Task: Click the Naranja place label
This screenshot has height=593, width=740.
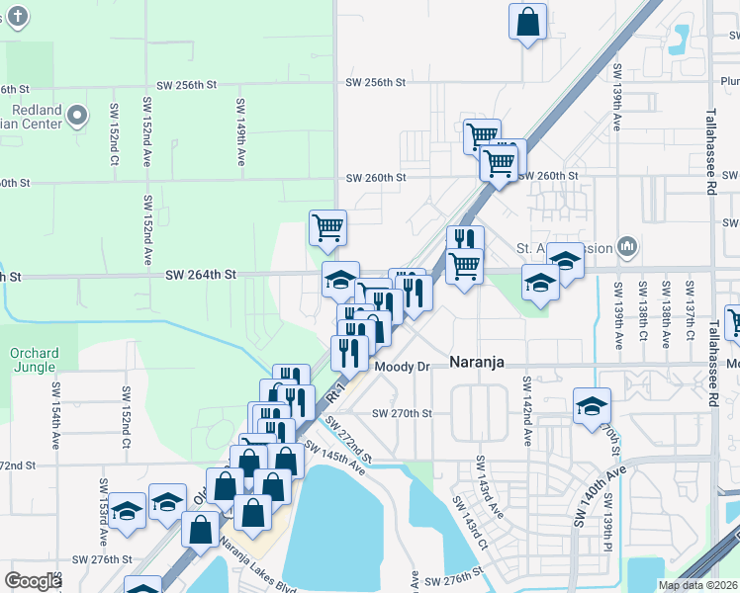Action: click(477, 362)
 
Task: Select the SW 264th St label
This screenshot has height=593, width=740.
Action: click(200, 274)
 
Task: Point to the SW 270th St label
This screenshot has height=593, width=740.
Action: click(403, 413)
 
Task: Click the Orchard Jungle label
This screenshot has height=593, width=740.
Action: click(35, 360)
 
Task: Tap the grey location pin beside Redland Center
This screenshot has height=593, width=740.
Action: click(77, 119)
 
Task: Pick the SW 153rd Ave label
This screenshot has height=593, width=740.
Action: click(103, 513)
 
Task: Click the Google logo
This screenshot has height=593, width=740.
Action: click(33, 581)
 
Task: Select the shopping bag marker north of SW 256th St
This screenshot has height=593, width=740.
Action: click(528, 22)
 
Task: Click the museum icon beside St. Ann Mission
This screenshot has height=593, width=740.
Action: click(625, 245)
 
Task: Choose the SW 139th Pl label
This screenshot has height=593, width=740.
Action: click(605, 535)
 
